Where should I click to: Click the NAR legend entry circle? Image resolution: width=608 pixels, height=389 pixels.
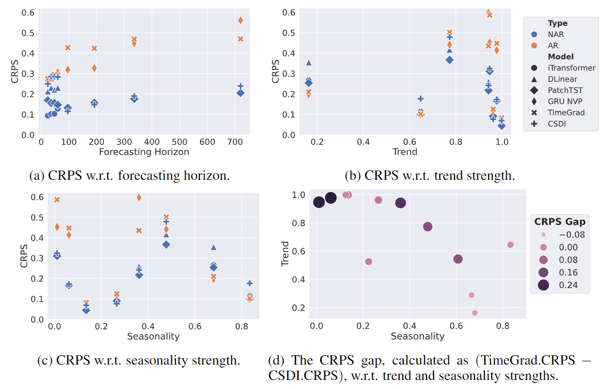534,34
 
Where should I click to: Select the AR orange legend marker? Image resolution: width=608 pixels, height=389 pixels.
534,46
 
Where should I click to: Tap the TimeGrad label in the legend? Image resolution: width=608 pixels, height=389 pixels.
566,113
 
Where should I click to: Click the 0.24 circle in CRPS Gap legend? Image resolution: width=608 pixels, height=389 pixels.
543,285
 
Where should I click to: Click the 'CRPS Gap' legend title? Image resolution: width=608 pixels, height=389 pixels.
560,221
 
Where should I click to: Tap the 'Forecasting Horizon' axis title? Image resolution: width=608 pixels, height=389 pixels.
144,152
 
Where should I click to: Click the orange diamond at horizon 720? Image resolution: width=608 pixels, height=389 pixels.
241,20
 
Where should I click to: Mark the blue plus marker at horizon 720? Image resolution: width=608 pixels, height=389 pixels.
241,86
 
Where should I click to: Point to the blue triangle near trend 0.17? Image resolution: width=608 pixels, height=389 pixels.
309,62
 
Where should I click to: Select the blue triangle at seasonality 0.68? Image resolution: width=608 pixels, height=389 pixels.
214,247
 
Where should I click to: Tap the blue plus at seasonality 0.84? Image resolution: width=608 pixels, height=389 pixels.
250,283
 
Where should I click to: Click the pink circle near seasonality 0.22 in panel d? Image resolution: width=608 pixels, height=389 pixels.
368,262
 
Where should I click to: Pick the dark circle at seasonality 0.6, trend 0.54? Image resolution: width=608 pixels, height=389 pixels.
458,259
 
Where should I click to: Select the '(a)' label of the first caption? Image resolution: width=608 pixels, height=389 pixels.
39,175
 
